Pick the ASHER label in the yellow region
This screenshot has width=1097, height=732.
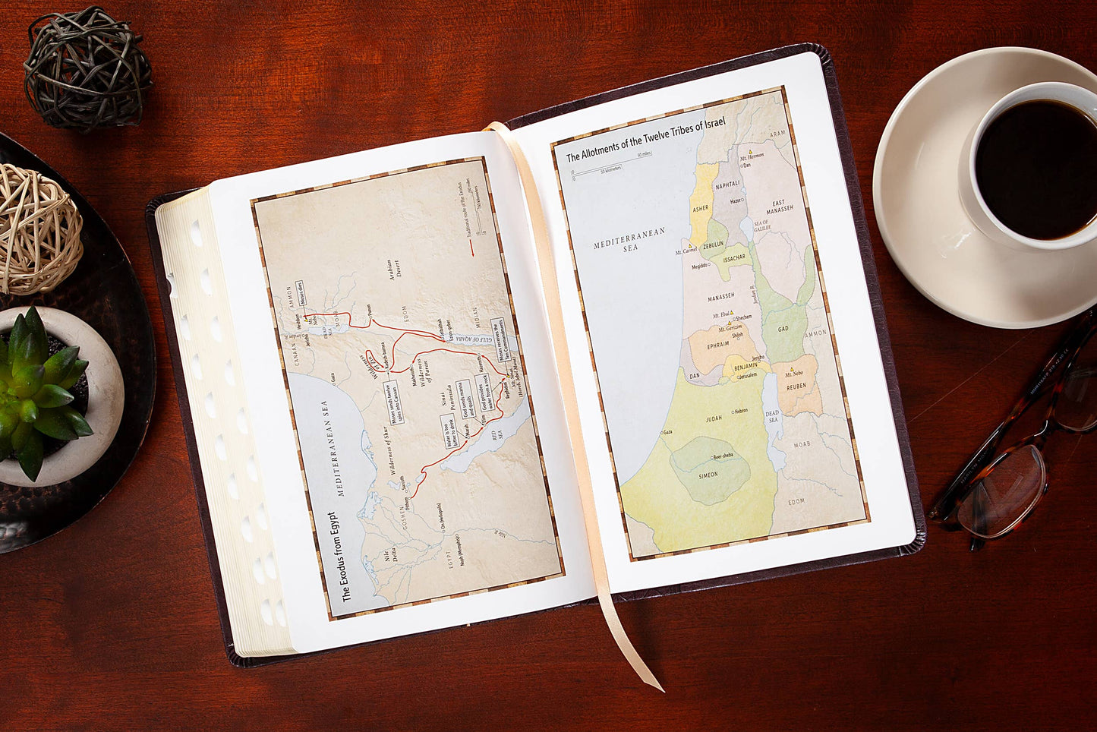[x=701, y=208]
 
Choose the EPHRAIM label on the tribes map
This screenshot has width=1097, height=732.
[x=717, y=344]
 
